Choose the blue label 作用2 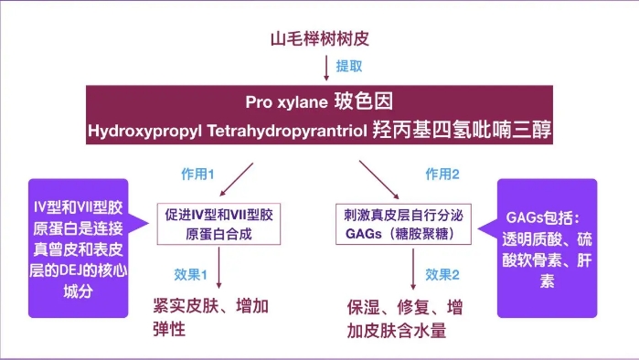[442, 174]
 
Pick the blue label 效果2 [442, 274]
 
